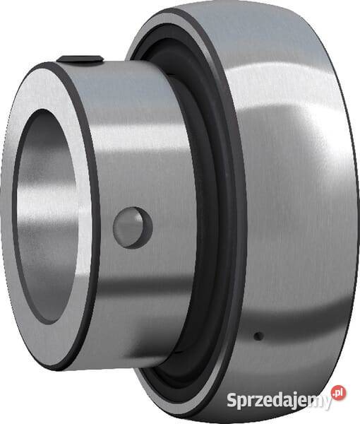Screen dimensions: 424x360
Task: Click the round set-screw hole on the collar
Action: click(x=133, y=227)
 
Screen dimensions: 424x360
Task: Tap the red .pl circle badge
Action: click(x=340, y=393)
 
